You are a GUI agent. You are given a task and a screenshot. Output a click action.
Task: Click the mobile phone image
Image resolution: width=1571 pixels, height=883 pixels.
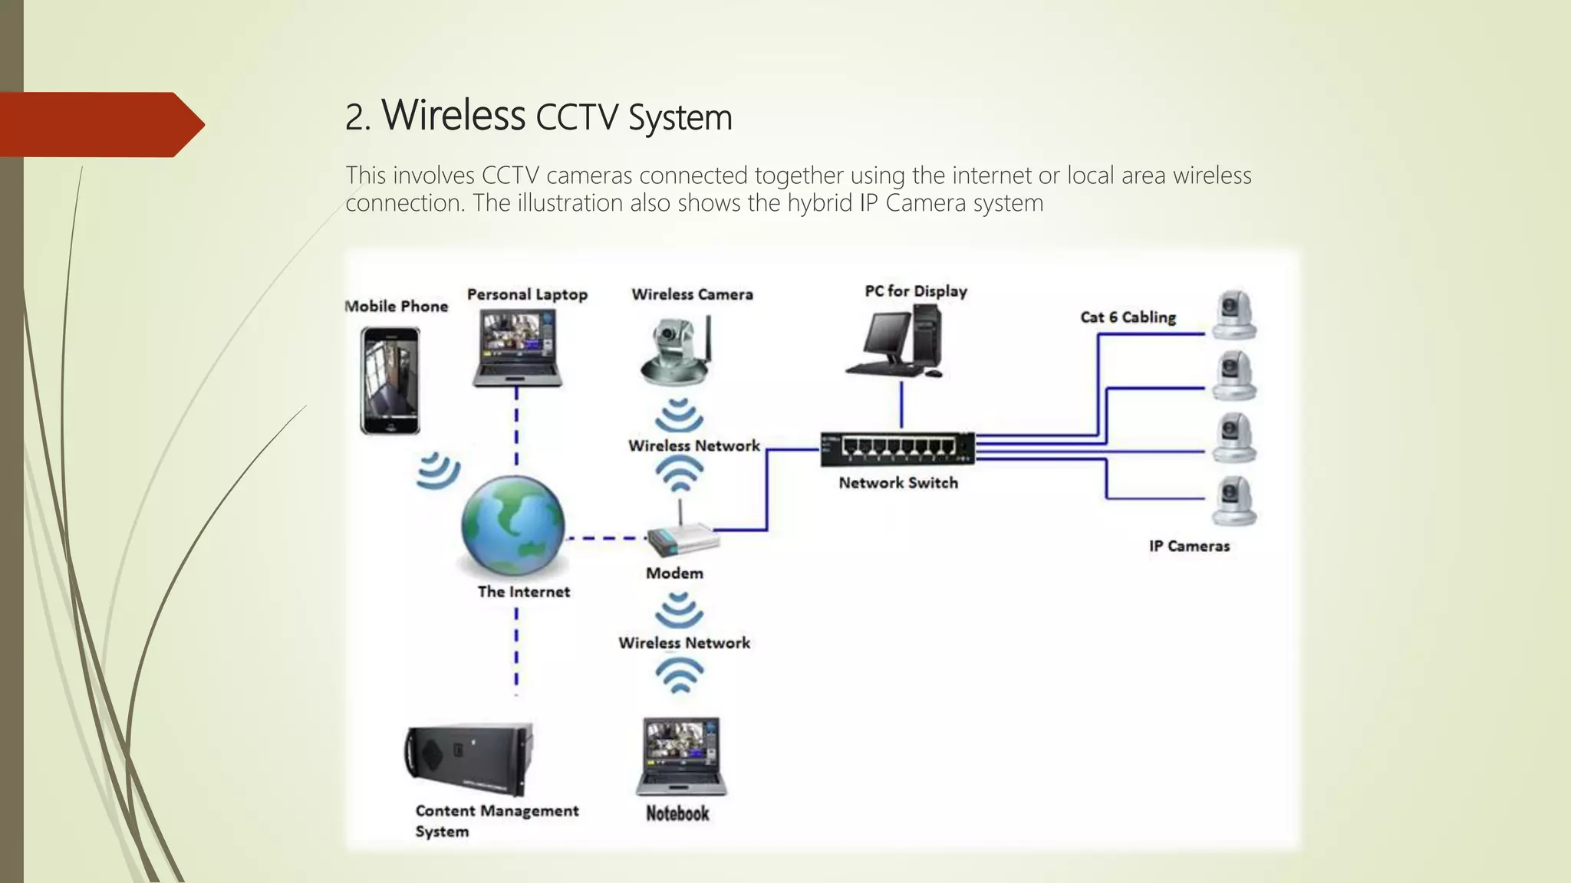(390, 380)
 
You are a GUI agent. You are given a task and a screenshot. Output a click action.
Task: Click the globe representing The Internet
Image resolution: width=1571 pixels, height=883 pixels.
(513, 526)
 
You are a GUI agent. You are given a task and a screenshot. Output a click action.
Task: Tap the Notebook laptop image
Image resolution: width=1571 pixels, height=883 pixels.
(680, 757)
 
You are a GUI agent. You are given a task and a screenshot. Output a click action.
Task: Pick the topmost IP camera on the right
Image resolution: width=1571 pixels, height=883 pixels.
(1234, 315)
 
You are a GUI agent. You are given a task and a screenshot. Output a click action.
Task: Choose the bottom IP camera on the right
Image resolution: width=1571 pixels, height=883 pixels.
(1234, 501)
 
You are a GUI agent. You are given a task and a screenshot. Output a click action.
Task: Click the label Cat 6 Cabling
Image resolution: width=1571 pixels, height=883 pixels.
(1128, 317)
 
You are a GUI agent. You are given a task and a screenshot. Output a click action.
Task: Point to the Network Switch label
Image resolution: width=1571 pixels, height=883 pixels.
(897, 483)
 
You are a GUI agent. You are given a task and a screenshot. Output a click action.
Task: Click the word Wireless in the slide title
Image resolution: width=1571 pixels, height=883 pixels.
(453, 116)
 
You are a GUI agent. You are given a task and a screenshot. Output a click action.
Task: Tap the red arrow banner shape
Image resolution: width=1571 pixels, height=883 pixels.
(100, 124)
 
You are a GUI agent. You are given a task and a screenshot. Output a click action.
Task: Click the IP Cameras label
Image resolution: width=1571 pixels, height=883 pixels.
(1189, 547)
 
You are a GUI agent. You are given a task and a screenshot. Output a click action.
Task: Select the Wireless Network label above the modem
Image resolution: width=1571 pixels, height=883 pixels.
(693, 446)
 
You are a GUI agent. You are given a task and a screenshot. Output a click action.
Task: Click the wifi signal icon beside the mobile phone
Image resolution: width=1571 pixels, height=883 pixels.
(439, 470)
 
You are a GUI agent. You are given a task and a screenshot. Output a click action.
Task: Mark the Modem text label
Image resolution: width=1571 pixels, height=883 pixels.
(674, 573)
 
